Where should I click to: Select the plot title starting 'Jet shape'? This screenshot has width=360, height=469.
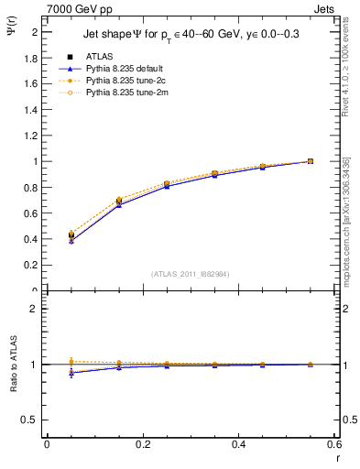(191, 34)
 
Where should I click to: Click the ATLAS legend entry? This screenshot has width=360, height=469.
(99, 56)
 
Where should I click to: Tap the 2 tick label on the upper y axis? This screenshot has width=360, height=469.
(35, 31)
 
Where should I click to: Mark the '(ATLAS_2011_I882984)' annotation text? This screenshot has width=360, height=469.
(191, 273)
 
